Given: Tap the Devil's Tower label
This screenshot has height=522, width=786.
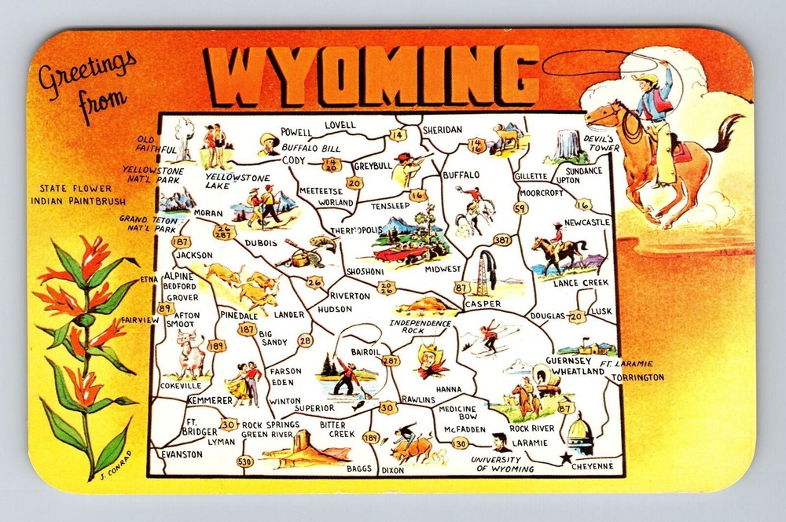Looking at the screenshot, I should pyautogui.click(x=601, y=142).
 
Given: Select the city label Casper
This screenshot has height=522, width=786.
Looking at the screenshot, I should pyautogui.click(x=482, y=303).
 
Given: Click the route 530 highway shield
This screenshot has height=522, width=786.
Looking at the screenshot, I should pyautogui.click(x=245, y=461).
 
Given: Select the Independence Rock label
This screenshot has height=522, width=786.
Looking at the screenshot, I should pyautogui.click(x=421, y=327).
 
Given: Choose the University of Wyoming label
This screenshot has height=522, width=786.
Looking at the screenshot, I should pyautogui.click(x=503, y=464).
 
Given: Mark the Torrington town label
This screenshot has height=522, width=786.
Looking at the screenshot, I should pyautogui.click(x=634, y=377).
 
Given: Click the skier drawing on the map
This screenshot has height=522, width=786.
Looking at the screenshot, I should pyautogui.click(x=489, y=336).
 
